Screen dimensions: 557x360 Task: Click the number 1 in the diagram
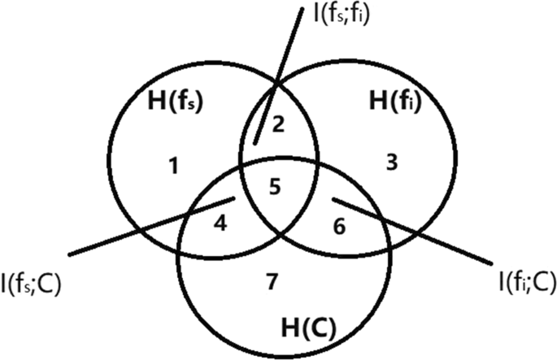pyautogui.click(x=173, y=167)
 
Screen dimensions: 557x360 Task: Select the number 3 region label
pyautogui.click(x=390, y=163)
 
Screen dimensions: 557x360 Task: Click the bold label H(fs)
pyautogui.click(x=174, y=102)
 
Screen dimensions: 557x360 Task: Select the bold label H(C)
pyautogui.click(x=309, y=328)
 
